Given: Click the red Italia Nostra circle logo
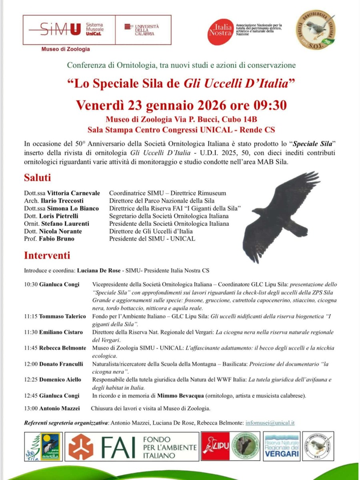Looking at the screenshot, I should tap(220, 31).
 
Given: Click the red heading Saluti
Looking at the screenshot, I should tap(37, 178).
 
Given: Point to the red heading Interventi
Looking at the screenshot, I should tap(47, 255).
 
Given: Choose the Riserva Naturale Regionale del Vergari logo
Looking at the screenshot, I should tap(282, 446).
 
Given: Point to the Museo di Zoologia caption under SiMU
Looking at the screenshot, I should tap(66, 49).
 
